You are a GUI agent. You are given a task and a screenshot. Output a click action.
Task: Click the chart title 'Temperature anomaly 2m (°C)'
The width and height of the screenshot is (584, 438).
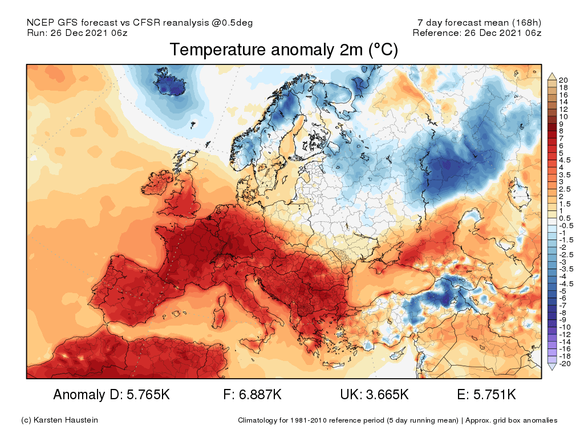tap(284, 50)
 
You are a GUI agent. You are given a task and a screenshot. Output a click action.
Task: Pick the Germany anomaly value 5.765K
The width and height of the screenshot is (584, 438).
tap(142, 395)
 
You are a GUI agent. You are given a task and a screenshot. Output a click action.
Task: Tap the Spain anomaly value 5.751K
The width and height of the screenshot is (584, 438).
tap(494, 395)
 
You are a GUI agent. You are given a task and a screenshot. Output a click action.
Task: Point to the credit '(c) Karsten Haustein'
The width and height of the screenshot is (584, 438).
tap(59, 420)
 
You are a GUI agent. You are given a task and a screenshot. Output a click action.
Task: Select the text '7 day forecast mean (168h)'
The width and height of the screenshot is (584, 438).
tap(479, 23)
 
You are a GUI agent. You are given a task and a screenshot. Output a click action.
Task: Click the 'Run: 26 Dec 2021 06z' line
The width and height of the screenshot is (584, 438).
tap(77, 33)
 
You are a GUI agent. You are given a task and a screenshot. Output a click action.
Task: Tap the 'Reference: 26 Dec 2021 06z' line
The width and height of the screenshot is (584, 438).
tap(477, 33)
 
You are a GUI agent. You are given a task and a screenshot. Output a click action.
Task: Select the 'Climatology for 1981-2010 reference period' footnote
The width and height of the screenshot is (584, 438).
tap(348, 420)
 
